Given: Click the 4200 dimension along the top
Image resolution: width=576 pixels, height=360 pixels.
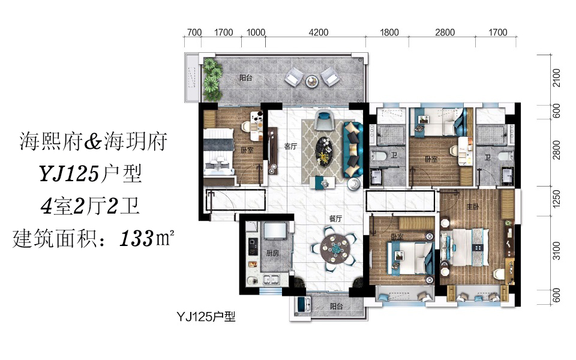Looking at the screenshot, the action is pos(318,32).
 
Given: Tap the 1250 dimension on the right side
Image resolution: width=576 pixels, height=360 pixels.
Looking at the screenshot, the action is pos(557,199).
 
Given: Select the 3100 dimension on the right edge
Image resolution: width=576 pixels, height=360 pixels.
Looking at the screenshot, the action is pos(557,251).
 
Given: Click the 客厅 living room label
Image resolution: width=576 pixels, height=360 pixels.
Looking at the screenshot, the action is pos(290,146).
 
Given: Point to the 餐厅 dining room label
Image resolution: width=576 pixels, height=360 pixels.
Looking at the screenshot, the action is pos(335,218).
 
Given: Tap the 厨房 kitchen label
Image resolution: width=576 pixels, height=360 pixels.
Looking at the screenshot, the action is pos(272,253).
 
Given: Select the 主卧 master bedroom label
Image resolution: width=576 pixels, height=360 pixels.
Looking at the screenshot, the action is pos(472,207).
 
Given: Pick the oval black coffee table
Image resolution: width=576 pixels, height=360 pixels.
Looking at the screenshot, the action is pos(324,151).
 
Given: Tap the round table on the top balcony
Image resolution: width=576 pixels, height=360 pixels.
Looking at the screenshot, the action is pos(312,80).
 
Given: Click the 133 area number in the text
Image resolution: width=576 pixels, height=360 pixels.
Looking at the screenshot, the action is pos(136,239).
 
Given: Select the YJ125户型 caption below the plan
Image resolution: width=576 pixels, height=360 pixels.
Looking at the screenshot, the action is pos(206,316).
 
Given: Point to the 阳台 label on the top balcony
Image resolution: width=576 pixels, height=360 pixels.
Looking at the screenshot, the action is pos(246,78).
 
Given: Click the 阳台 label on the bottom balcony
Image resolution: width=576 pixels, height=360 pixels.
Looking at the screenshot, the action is pos(336,306).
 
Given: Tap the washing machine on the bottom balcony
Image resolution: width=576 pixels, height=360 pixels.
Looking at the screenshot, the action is pos(302,304).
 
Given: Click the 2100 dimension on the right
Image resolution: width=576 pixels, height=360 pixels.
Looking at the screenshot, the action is pos(557,78).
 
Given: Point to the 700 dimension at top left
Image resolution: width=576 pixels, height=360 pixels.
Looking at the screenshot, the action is pos(194,32).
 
